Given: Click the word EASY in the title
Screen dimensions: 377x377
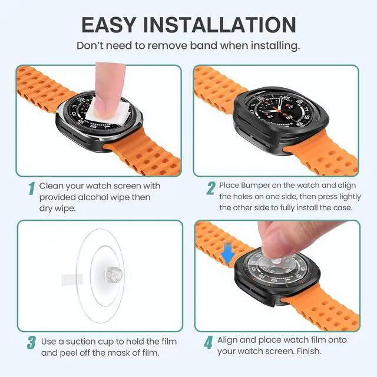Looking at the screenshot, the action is pos(108,25).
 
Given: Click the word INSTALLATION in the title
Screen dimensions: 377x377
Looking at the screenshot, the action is pos(220,25).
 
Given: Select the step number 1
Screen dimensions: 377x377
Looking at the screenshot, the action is pos(31,188).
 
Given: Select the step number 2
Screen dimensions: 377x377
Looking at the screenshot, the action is pos(211,188).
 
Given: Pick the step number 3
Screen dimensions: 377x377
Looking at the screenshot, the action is pos(31,343).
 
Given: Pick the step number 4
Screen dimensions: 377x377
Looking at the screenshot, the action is pos(209,343).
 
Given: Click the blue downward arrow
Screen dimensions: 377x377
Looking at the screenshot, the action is pos(228,253).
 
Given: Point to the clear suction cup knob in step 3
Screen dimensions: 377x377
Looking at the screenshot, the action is pos(113,274).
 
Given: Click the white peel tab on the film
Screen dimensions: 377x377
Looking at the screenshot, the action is pos(72,279).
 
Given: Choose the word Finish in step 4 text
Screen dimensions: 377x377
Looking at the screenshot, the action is pos(309,351).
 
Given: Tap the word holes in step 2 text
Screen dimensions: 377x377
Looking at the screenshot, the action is pos(241,196).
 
